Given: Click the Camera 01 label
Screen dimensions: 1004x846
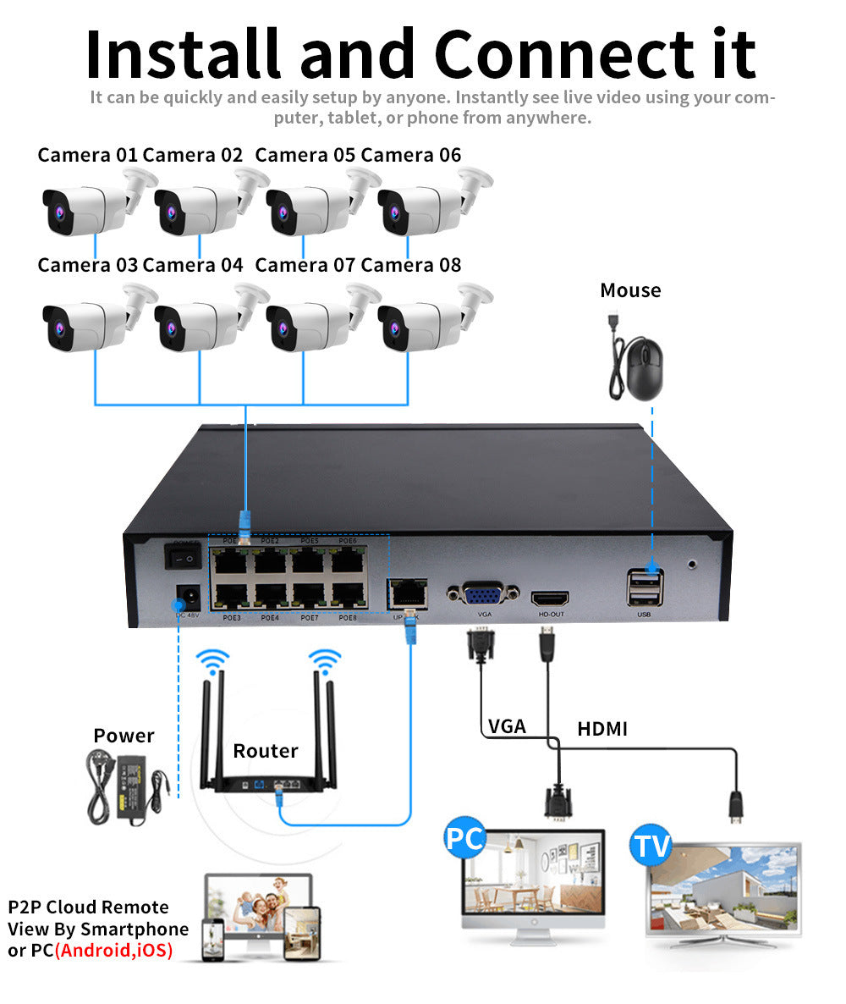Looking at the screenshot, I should coord(87,155).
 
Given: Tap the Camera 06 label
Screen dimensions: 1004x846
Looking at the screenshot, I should coord(411,155).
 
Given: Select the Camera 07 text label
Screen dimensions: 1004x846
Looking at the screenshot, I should coord(305,265).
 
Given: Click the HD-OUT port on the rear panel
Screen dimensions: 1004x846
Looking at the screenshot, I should coord(551,597).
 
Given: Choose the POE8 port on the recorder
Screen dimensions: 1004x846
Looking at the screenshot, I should coord(348,595).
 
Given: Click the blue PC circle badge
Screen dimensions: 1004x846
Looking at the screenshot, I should coord(464,839).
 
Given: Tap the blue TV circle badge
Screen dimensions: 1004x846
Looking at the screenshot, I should coord(651,846).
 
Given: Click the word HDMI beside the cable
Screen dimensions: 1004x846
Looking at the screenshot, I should coord(602,728).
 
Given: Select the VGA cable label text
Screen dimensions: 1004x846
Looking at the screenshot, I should coord(507,726).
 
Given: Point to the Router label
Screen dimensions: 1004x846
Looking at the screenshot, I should coord(266,751).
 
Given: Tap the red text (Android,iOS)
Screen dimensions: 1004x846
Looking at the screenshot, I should coord(113,951).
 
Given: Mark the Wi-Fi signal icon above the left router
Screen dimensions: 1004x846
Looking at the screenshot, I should coord(212,659).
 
